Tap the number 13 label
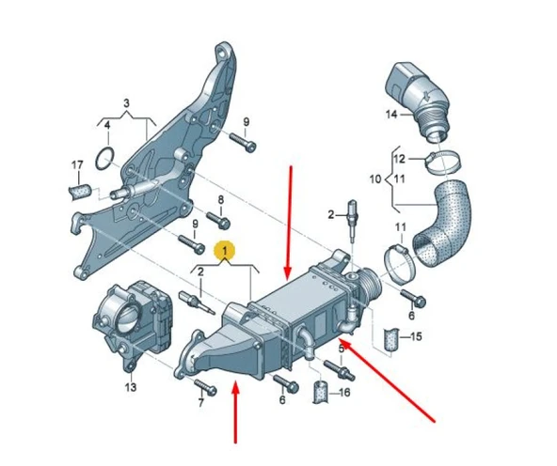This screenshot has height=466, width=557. point(131,386)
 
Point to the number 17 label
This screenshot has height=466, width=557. point(78,165)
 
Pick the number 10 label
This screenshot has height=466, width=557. point(374,178)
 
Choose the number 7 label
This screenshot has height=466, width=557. point(200,404)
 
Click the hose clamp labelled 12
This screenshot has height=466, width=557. point(438,161)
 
